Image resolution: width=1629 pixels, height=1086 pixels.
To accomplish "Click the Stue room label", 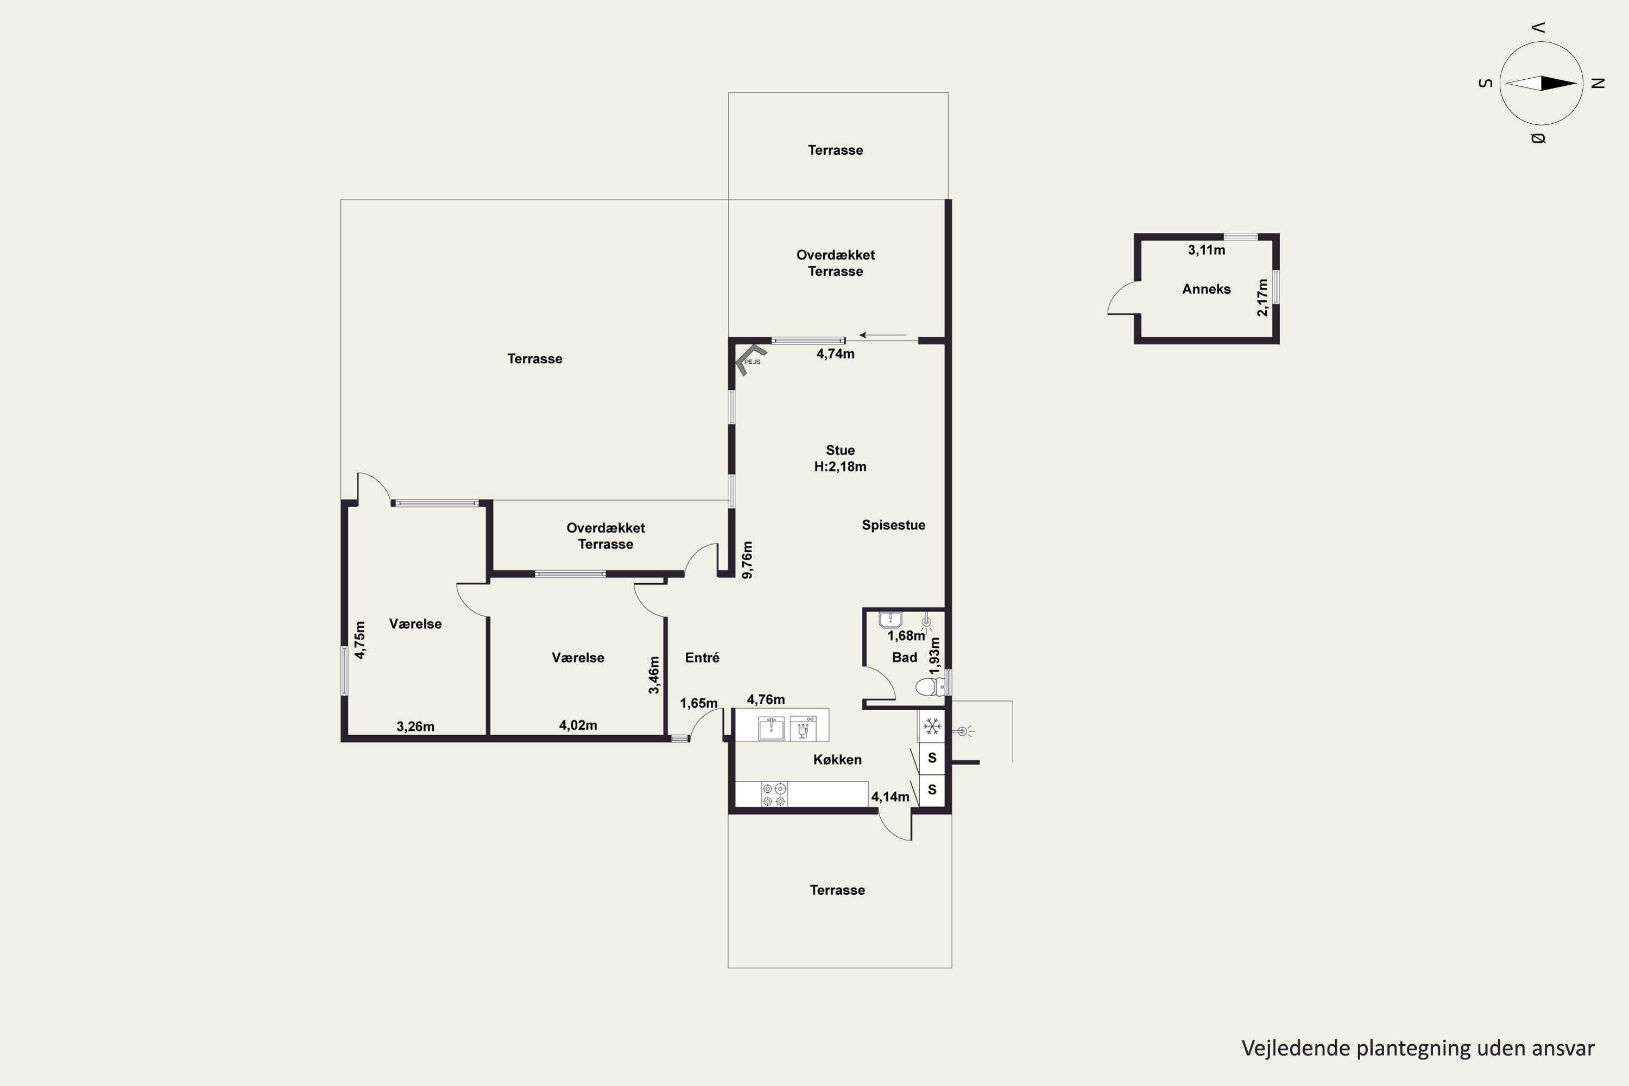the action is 840,450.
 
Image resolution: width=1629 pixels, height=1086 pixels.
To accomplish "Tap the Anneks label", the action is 1206,289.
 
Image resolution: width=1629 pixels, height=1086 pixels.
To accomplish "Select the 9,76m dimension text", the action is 747,560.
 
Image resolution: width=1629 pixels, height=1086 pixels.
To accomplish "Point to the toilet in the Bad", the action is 930,687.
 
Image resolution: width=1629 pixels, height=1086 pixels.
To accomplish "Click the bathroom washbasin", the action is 890,618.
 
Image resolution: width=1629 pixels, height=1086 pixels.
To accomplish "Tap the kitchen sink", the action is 771,728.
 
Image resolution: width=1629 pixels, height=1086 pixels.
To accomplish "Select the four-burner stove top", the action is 774,794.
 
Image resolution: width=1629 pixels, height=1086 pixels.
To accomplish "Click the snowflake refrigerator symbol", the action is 932,727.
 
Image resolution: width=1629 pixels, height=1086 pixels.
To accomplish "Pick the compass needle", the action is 1541,83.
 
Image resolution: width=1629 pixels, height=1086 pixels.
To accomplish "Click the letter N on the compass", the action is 1598,83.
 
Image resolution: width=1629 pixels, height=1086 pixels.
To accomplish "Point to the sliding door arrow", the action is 882,335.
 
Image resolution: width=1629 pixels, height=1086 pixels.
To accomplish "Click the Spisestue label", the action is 893,525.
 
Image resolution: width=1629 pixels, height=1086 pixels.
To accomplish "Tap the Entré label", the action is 702,657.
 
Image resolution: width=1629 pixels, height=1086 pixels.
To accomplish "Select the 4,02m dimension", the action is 578,725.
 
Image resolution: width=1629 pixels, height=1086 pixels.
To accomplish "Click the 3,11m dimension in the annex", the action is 1206,250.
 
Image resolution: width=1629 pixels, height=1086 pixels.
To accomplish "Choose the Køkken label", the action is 837,760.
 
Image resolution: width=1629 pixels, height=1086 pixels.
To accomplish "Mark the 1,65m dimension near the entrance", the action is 698,704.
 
